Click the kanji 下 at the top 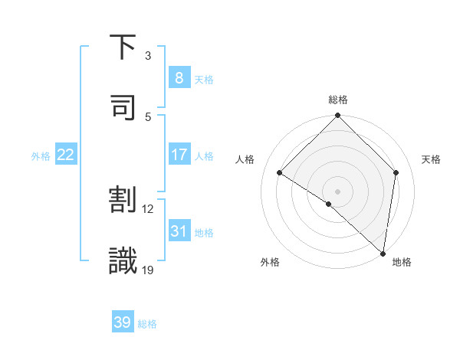pos(123,47)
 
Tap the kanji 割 pos(123,200)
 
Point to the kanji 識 pos(123,260)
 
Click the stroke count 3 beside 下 pos(148,56)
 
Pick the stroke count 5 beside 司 pos(148,116)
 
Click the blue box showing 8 pos(179,77)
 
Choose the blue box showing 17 pos(179,155)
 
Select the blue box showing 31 pos(179,231)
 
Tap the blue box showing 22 pos(66,155)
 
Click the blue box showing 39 pos(123,322)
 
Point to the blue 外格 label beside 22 pos(41,156)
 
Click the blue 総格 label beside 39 pos(147,324)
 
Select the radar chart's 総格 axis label pos(338,100)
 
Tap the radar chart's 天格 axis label pos(432,159)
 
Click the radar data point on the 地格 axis pos(382,253)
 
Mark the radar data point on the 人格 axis pos(280,173)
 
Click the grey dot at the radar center pos(338,191)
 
